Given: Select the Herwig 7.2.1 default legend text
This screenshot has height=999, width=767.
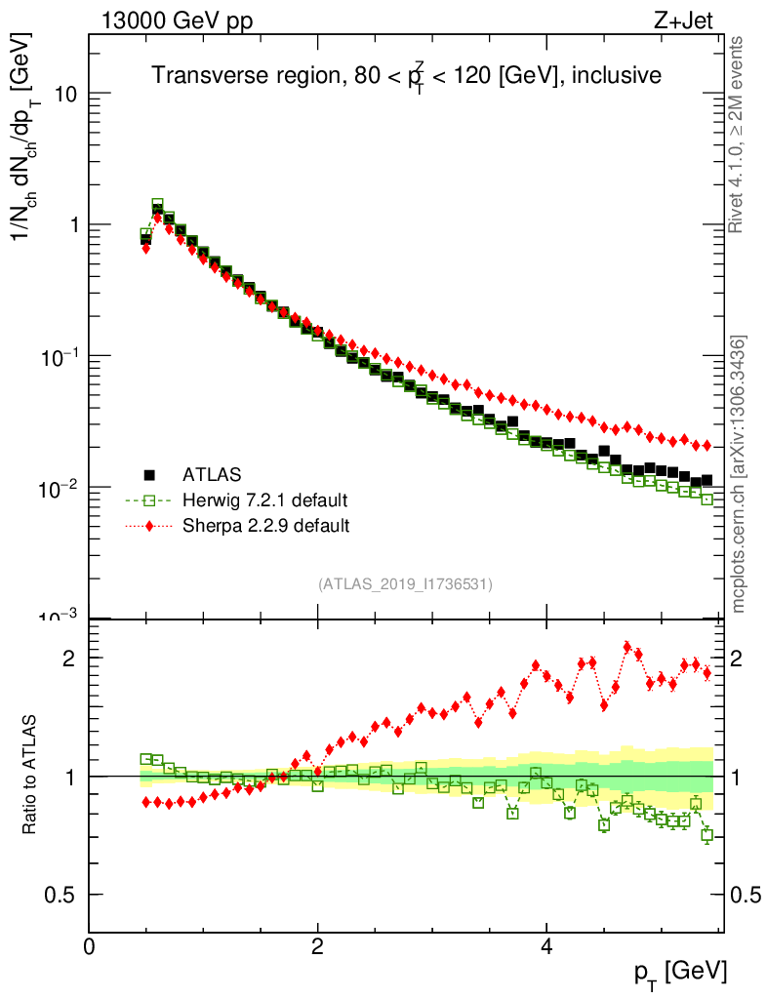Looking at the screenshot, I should pos(264,500).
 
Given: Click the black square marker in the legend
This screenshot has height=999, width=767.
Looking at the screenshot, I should pos(149,475).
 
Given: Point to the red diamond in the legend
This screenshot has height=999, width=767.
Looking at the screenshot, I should pos(149,526).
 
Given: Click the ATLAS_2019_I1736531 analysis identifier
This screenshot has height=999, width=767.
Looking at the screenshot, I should pos(405,584).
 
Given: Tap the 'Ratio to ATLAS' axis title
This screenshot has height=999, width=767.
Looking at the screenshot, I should pos(32,775).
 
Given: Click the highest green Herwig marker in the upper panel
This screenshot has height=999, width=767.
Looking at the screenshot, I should pos(157,205).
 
